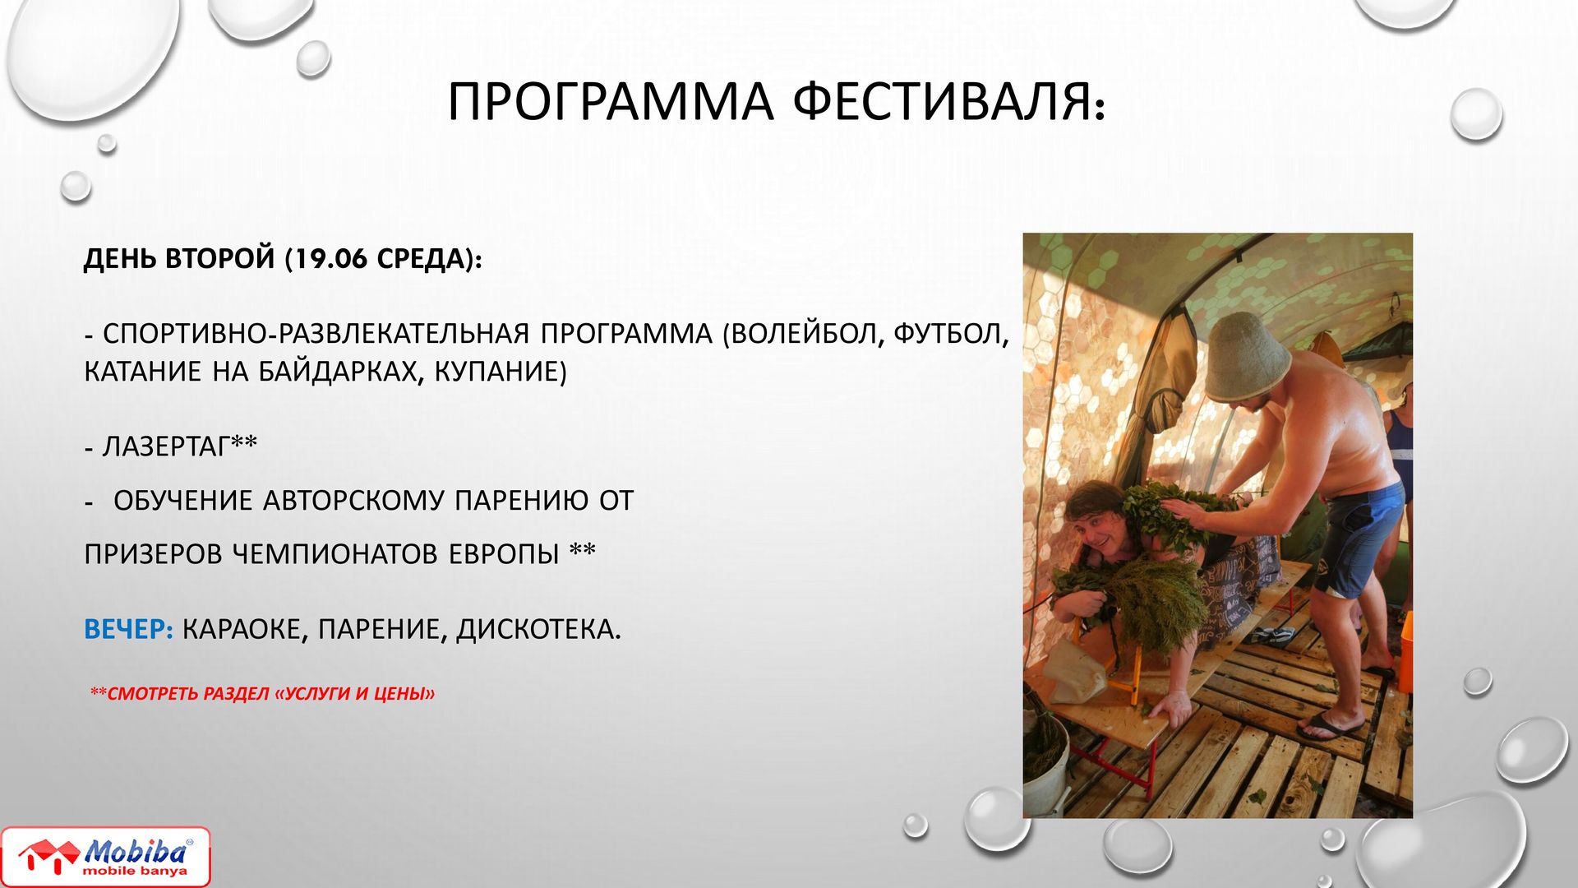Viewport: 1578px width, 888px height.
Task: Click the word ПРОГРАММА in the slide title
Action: coord(610,102)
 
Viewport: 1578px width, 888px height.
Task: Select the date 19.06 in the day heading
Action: coord(330,259)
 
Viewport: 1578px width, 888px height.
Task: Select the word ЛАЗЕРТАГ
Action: coord(166,446)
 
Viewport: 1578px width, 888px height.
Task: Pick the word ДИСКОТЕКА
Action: coord(538,630)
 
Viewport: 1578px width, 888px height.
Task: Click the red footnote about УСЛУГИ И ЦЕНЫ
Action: coord(262,693)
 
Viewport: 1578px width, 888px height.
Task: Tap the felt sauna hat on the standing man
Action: coord(1246,358)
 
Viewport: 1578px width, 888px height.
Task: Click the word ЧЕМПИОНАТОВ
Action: coord(336,554)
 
